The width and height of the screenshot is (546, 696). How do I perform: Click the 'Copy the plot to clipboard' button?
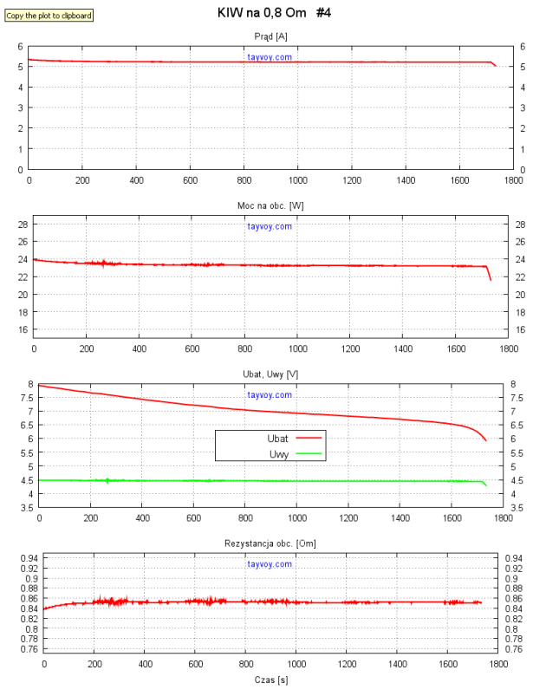pos(49,16)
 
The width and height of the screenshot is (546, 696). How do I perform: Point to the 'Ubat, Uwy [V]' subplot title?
pos(271,374)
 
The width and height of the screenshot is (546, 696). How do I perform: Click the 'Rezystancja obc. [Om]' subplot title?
pos(271,543)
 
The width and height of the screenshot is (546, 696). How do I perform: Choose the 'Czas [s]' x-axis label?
pos(271,680)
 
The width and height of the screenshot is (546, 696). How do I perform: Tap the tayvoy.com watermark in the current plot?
pos(270,57)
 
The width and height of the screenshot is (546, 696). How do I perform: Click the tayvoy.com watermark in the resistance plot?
pos(270,564)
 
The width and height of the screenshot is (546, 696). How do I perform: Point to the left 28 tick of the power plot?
pos(23,224)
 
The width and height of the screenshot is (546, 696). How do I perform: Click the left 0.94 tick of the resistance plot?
pos(27,558)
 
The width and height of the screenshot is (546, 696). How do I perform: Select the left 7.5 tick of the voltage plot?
pos(27,398)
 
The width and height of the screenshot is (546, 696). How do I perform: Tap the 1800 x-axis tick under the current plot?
pos(514,180)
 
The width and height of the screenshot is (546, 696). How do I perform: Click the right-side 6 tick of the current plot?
pos(523,47)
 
